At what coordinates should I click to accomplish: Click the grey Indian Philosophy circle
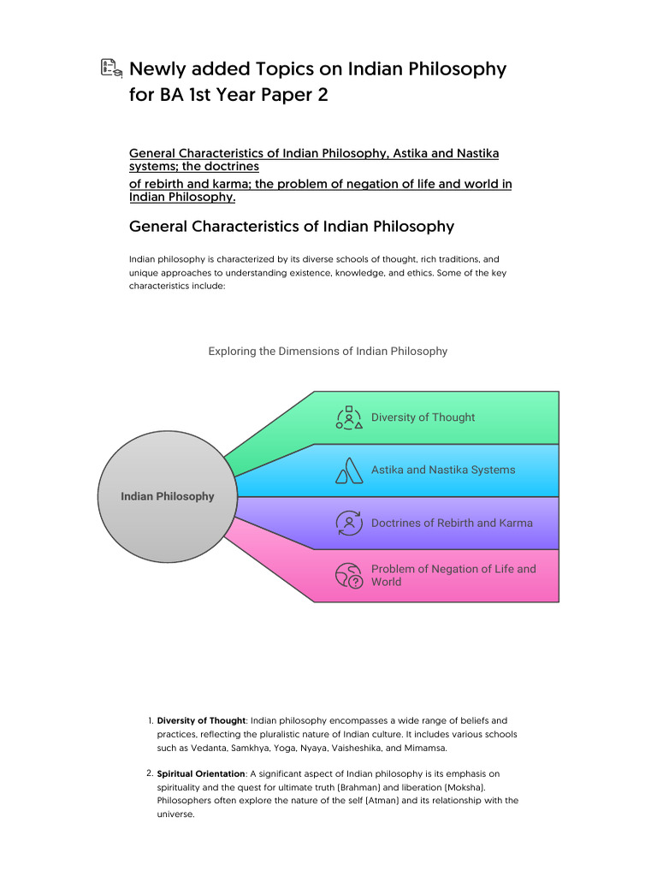(x=167, y=496)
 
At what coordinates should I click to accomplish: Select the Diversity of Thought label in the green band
(x=423, y=417)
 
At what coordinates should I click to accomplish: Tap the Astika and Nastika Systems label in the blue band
(x=443, y=470)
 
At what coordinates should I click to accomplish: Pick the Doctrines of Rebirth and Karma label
(x=452, y=523)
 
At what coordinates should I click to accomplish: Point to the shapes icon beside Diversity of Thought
(x=349, y=417)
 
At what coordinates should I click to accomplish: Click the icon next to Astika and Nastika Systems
(x=349, y=471)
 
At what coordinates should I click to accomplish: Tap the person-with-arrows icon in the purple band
(x=349, y=523)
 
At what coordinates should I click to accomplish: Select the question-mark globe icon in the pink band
(x=349, y=576)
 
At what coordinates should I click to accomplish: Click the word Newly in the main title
(x=158, y=69)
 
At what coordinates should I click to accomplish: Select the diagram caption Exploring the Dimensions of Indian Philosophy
(x=328, y=352)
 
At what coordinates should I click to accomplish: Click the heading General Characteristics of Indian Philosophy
(x=291, y=227)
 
